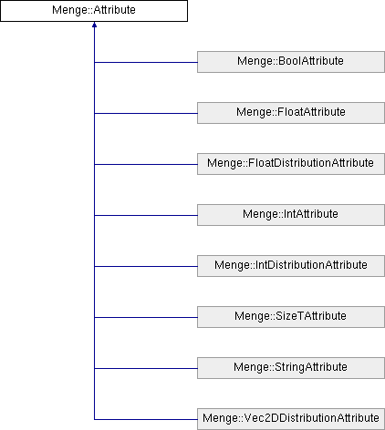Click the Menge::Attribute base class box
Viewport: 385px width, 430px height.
(x=94, y=11)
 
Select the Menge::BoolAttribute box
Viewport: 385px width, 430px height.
(x=291, y=62)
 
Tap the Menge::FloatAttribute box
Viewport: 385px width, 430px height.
(x=291, y=113)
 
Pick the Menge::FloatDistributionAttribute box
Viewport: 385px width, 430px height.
(x=291, y=164)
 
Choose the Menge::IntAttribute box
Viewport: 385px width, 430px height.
(x=291, y=215)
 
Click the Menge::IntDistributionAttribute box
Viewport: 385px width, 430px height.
(x=291, y=266)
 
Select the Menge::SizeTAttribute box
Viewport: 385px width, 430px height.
(x=291, y=317)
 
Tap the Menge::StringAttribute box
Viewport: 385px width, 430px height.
(x=291, y=368)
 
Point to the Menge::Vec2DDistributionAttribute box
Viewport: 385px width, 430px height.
(x=291, y=419)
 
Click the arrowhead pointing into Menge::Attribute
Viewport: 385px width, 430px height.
(x=94, y=25)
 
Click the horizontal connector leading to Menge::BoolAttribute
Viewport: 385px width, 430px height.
(x=146, y=62)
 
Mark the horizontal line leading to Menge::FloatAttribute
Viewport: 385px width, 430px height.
(x=146, y=113)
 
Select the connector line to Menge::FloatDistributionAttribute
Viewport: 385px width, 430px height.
(x=146, y=164)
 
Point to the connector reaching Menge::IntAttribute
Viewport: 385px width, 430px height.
(x=146, y=215)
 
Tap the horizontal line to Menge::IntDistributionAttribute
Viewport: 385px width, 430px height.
(x=146, y=266)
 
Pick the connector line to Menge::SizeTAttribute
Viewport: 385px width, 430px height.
(x=146, y=317)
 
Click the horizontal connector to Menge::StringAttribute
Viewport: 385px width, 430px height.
(x=146, y=368)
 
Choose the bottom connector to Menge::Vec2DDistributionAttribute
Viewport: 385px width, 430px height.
(x=146, y=419)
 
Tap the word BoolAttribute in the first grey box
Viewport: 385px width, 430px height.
(x=311, y=61)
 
